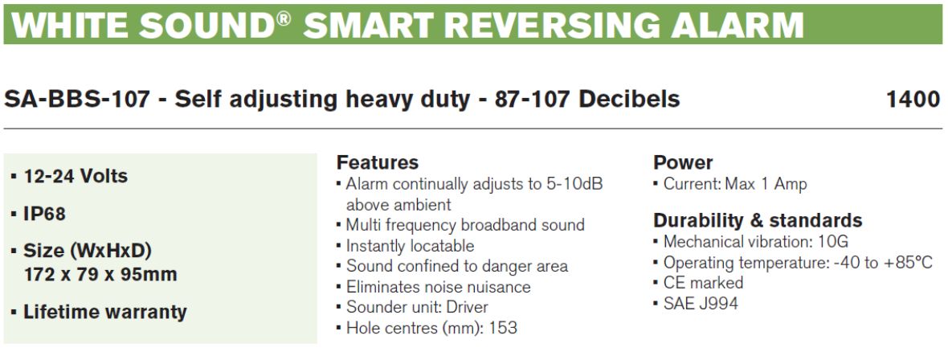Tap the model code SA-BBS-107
77,99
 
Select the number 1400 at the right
913,99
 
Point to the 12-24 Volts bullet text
76,176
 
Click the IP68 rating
45,215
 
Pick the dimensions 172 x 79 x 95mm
100,275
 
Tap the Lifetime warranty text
105,313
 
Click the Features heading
378,163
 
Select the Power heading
683,163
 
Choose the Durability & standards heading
758,220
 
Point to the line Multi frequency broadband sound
465,226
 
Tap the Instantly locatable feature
410,246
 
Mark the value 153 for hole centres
503,329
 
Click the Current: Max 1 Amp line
735,184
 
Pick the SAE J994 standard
701,304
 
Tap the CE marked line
703,283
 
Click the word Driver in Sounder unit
467,308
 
